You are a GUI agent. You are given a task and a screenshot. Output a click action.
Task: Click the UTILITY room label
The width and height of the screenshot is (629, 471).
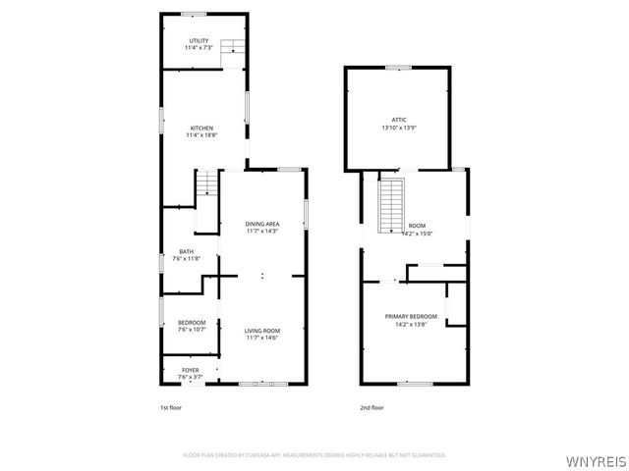coord(200,40)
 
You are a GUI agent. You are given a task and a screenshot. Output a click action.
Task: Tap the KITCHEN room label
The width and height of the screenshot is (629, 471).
coord(201,128)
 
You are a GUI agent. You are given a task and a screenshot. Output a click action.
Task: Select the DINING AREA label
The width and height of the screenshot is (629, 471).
coord(262,224)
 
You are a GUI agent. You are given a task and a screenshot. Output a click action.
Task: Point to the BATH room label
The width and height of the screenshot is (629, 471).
coord(186,251)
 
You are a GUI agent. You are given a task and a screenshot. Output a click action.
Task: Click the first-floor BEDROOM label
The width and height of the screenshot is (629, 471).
coord(192,323)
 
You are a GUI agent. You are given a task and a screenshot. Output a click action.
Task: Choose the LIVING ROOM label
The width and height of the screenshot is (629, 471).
coord(262,331)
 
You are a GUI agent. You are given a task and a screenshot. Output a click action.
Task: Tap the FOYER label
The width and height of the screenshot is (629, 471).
coord(190,370)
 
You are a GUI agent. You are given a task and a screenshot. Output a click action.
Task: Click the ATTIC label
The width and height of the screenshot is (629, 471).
coord(399,120)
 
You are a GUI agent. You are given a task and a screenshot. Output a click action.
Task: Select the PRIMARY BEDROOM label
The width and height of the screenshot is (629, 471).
coord(410,316)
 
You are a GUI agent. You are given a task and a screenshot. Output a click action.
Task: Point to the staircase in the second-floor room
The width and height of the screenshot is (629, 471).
coord(393,202)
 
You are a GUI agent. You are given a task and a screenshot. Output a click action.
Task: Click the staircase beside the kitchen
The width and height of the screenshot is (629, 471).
coord(208,183)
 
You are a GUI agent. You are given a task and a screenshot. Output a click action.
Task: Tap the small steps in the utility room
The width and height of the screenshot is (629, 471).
coord(231,47)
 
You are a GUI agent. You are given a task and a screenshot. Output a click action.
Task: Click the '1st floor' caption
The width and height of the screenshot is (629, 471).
coord(171,407)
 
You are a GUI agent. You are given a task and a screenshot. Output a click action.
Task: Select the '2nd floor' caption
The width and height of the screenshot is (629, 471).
coord(372,407)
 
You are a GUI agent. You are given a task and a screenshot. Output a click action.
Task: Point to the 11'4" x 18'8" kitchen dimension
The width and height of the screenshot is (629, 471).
coord(201,135)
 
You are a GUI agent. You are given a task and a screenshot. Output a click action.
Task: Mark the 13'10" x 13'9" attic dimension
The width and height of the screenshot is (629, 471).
coord(399,128)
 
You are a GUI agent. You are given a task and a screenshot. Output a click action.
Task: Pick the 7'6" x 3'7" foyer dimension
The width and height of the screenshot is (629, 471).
coord(190,378)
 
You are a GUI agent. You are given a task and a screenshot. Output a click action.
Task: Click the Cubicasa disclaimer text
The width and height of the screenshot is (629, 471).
coord(314,455)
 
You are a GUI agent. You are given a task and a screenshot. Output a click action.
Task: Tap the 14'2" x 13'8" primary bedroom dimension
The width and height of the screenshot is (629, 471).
coord(410,324)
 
